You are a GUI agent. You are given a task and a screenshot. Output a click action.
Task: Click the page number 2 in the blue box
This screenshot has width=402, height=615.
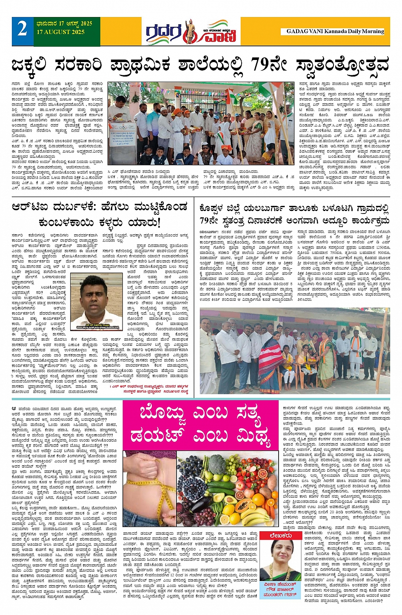22,29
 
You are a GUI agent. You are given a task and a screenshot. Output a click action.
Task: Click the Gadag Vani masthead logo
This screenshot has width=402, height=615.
191,31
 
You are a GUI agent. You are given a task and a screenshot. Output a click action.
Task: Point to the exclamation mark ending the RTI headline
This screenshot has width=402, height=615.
158,222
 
